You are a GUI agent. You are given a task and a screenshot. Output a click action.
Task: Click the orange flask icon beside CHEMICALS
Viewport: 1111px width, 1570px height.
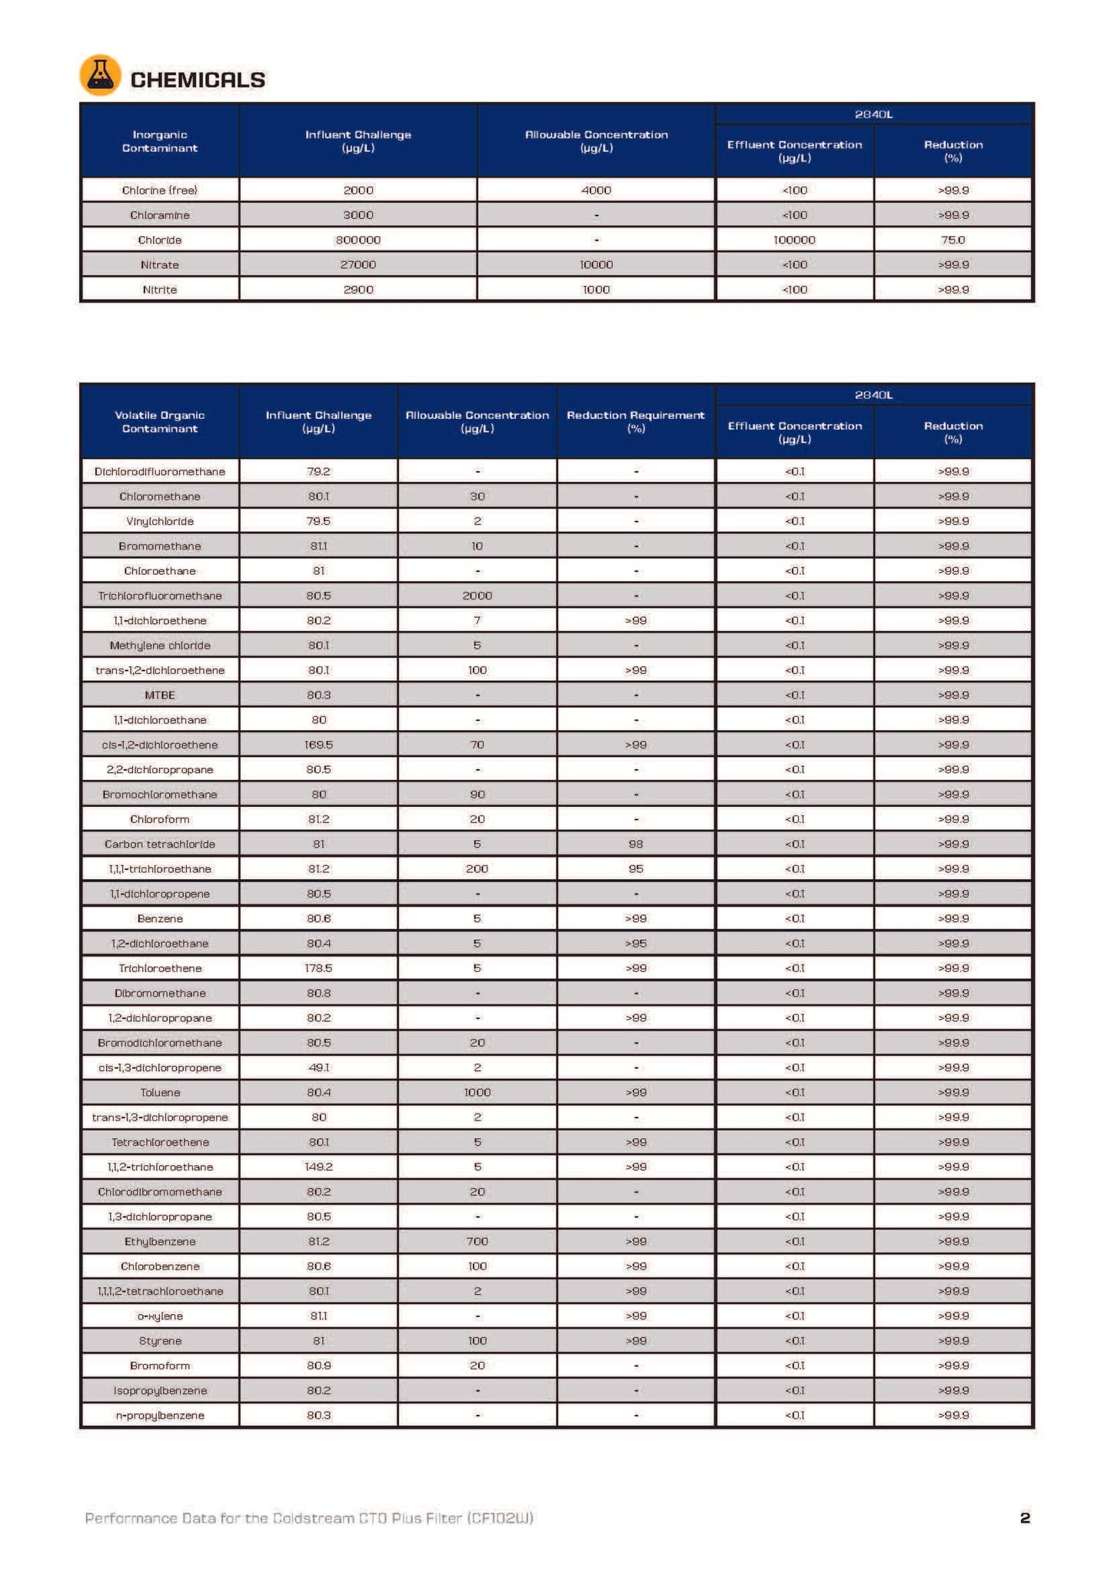(x=100, y=75)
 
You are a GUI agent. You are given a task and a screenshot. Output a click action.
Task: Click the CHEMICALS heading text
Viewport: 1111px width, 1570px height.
(x=198, y=80)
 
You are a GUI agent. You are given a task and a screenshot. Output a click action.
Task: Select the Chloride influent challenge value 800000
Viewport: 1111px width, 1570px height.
(x=358, y=240)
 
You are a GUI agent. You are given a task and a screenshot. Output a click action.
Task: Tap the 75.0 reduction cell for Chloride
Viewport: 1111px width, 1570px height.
(x=953, y=240)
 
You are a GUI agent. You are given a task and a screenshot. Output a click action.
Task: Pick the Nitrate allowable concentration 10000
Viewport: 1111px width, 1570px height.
(x=596, y=264)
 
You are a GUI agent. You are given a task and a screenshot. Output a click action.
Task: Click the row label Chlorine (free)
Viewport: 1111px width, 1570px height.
(x=159, y=190)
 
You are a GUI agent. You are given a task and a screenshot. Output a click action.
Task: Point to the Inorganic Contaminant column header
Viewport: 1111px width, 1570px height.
(x=159, y=141)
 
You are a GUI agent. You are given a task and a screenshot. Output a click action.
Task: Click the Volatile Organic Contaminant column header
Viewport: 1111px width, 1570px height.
(x=159, y=422)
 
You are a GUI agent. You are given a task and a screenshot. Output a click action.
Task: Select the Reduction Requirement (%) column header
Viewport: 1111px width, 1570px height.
(x=635, y=422)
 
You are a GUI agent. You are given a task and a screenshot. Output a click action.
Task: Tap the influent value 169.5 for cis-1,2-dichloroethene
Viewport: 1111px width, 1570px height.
(x=318, y=745)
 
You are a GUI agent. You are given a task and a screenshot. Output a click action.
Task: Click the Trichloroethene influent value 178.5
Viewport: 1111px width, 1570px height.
(x=318, y=968)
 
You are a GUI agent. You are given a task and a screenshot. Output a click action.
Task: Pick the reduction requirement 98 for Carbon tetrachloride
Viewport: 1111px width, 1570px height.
(x=635, y=844)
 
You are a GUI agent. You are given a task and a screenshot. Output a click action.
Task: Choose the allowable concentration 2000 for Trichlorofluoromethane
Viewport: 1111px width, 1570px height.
(x=477, y=596)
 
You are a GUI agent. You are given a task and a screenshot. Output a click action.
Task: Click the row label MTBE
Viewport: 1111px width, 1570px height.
(x=159, y=695)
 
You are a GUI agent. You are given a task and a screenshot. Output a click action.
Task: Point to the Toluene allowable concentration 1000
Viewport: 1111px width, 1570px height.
(x=477, y=1092)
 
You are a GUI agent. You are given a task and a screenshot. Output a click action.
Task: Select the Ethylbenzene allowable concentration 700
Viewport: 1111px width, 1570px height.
(x=477, y=1241)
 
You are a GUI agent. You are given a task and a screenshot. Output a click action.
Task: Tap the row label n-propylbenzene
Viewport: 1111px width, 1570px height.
(x=159, y=1415)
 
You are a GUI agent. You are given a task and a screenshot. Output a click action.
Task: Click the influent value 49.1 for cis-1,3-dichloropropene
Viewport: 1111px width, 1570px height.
(x=318, y=1067)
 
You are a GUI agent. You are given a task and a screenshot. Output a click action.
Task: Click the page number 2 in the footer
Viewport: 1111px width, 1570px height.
(x=1024, y=1518)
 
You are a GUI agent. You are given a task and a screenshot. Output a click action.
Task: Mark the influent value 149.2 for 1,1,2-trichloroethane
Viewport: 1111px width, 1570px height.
(x=318, y=1167)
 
